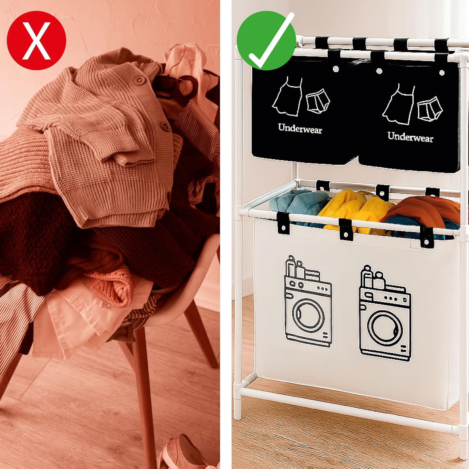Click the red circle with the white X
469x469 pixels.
pos(37,40)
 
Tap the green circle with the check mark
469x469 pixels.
pos(266,41)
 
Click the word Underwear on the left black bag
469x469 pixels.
pos(300,129)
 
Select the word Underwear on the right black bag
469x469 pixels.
pos(410,137)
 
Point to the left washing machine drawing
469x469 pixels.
pos(308,301)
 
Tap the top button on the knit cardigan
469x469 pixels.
pos(139,80)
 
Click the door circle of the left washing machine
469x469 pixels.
pos(308,315)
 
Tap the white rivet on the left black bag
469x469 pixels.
pos(336,68)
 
